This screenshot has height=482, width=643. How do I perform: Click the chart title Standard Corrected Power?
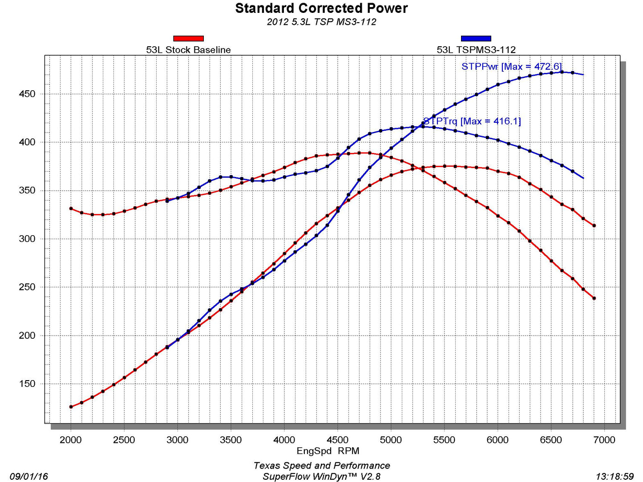pyautogui.click(x=321, y=8)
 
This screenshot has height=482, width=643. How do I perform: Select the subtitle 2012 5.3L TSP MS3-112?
pyautogui.click(x=321, y=22)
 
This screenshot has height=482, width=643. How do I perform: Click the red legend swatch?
pyautogui.click(x=188, y=39)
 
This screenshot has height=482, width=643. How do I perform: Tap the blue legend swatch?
pyautogui.click(x=476, y=39)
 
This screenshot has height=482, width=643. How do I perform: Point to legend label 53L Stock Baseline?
pyautogui.click(x=188, y=50)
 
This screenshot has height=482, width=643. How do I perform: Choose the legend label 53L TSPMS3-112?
pyautogui.click(x=476, y=50)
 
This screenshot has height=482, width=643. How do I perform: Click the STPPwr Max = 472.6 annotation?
pyautogui.click(x=511, y=67)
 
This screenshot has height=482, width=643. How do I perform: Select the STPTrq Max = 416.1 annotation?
pyautogui.click(x=472, y=121)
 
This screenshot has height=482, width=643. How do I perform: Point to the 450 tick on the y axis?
pyautogui.click(x=27, y=94)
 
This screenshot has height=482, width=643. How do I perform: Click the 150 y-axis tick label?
pyautogui.click(x=27, y=384)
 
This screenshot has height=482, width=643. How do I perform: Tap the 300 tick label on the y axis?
pyautogui.click(x=27, y=239)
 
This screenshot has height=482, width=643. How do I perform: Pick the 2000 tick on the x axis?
pyautogui.click(x=70, y=440)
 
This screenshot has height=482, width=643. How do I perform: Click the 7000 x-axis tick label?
pyautogui.click(x=604, y=440)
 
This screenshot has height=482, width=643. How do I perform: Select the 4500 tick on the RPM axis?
pyautogui.click(x=337, y=440)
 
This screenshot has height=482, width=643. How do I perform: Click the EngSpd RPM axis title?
pyautogui.click(x=328, y=451)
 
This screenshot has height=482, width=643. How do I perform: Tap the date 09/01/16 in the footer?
pyautogui.click(x=28, y=476)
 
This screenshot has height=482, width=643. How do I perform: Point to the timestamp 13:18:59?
pyautogui.click(x=614, y=476)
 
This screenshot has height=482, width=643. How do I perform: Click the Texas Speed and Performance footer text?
pyautogui.click(x=321, y=466)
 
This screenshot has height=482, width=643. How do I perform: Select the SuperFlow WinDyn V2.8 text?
pyautogui.click(x=321, y=477)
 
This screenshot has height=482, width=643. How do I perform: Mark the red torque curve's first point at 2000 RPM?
pyautogui.click(x=71, y=209)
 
